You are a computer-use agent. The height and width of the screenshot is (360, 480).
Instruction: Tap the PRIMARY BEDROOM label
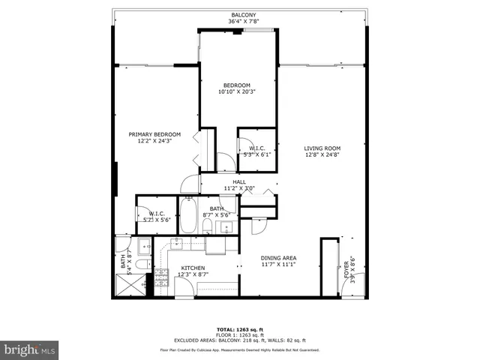coord(154,134)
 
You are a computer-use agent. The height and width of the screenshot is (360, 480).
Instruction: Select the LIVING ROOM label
coord(322,148)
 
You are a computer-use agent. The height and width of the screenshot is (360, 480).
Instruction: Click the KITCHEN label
coord(193,267)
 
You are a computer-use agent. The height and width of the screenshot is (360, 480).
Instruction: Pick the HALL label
coord(239,181)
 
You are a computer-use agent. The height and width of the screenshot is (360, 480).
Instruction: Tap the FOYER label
coord(346,269)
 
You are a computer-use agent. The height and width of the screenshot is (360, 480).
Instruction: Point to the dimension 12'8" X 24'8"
coord(322,155)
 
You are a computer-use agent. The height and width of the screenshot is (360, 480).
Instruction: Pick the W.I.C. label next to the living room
coord(256,148)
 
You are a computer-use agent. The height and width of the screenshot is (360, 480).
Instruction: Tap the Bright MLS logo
coord(30,349)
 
